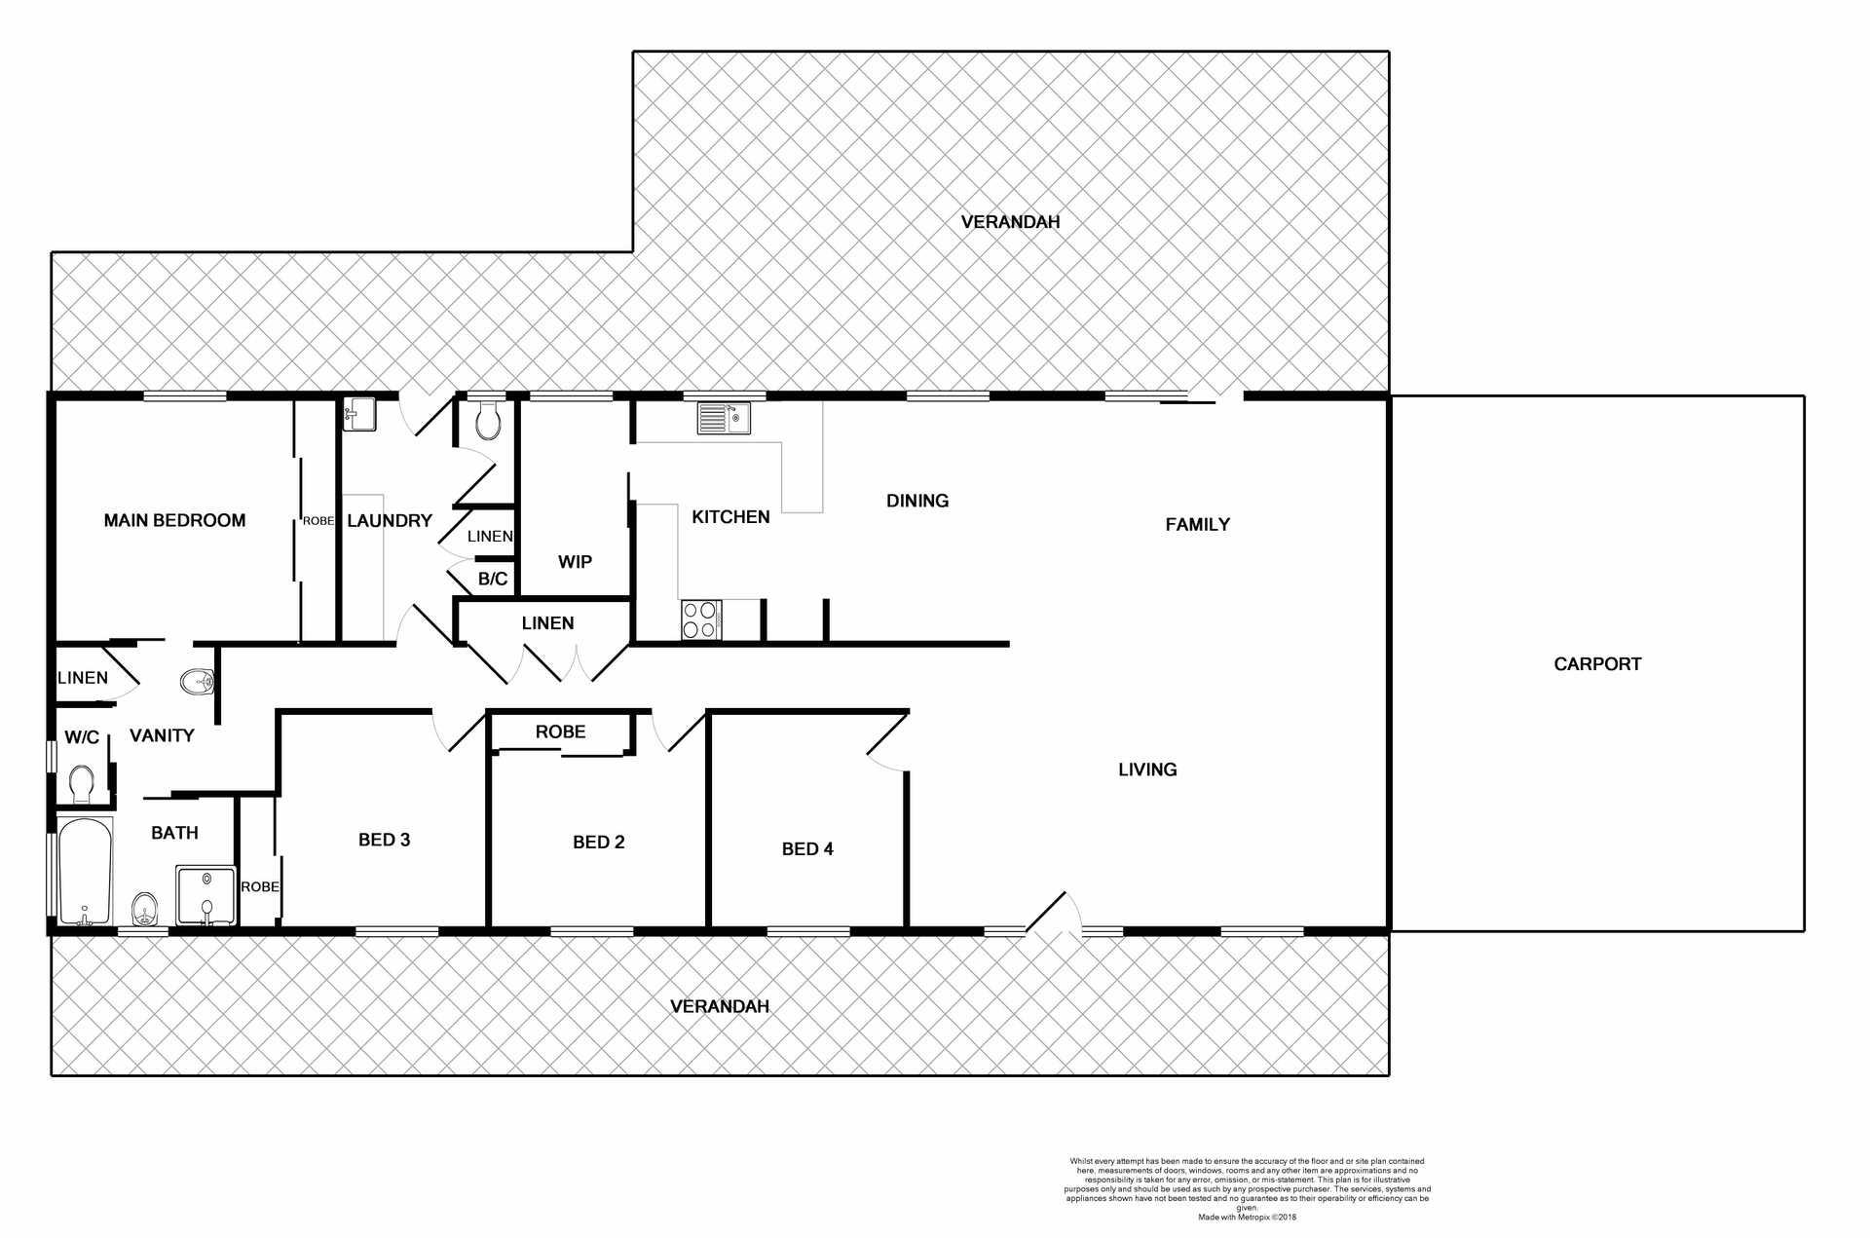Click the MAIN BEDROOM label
pos(174,520)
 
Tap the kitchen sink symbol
pos(723,419)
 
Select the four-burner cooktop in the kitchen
pos(701,619)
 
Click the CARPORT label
pos(1597,664)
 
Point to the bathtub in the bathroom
pos(86,872)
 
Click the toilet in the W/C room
pos(81,782)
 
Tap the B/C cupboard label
pos(493,580)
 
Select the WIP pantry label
pos(575,562)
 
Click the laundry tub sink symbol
pos(358,415)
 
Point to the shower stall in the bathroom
pos(206,894)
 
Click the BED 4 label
pos(807,849)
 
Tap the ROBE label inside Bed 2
pos(560,732)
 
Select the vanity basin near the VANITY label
pos(198,681)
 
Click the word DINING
pos(916,501)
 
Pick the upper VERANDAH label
pos(1010,222)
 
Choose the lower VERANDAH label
pos(720,1006)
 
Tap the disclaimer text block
pos(1247,1188)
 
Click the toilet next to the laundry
pos(487,422)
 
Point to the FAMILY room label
pos(1197,525)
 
